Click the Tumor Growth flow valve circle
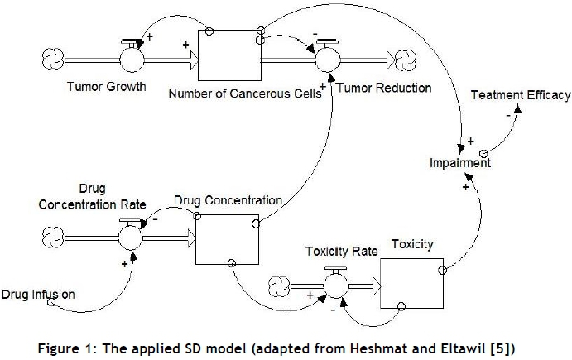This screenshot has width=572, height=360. click(131, 60)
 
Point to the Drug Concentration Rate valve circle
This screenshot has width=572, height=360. click(131, 238)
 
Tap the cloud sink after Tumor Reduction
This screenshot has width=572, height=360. click(408, 60)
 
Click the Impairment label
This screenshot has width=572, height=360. click(460, 163)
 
